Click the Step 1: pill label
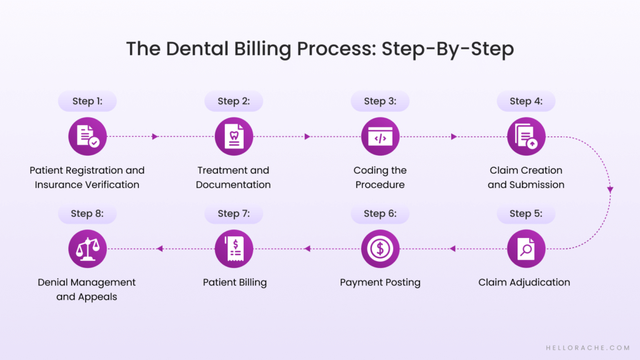(x=87, y=101)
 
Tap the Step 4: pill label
(x=526, y=101)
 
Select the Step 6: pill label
(x=379, y=213)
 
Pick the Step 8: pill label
(x=87, y=213)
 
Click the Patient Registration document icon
(x=87, y=136)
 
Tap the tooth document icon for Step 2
(x=234, y=136)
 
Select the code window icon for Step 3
(x=380, y=136)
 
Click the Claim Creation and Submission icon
(x=526, y=136)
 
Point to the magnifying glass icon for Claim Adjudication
(x=526, y=249)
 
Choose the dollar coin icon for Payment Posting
(x=380, y=249)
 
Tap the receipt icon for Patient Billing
(x=234, y=249)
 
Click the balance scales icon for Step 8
(x=87, y=249)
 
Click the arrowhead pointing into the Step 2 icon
(x=155, y=136)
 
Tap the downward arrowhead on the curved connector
(x=610, y=189)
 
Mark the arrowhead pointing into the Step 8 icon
(x=159, y=249)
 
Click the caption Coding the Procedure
(x=380, y=177)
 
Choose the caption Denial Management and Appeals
(x=87, y=289)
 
